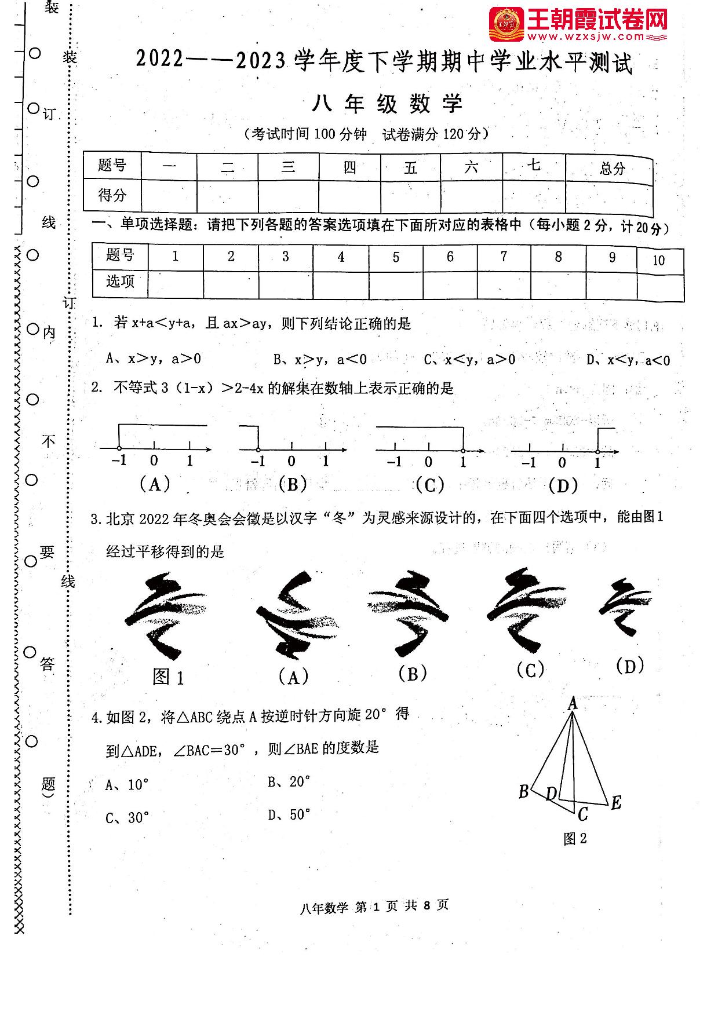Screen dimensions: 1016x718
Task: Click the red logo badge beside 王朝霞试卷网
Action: (x=506, y=24)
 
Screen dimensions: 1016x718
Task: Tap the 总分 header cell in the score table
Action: (x=612, y=169)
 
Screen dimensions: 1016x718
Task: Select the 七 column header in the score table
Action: (x=534, y=166)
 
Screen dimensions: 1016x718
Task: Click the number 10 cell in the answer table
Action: (x=659, y=261)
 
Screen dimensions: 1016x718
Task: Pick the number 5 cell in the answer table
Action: (x=396, y=257)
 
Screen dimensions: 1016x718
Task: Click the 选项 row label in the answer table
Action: (x=120, y=282)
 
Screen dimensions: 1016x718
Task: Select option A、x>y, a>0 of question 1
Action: (x=154, y=359)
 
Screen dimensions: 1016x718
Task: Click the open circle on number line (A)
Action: (x=119, y=448)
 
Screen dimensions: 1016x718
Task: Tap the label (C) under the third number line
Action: (x=430, y=484)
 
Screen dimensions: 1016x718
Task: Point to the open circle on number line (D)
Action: (x=597, y=452)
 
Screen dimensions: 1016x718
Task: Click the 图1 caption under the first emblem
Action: (x=168, y=677)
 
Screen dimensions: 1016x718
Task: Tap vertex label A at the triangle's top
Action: (x=573, y=703)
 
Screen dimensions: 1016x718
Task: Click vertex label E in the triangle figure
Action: (x=616, y=802)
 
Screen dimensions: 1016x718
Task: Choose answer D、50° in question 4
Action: (x=289, y=815)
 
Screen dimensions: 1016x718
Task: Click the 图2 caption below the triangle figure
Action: (x=575, y=838)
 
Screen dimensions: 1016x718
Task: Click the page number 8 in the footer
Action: (x=427, y=906)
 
